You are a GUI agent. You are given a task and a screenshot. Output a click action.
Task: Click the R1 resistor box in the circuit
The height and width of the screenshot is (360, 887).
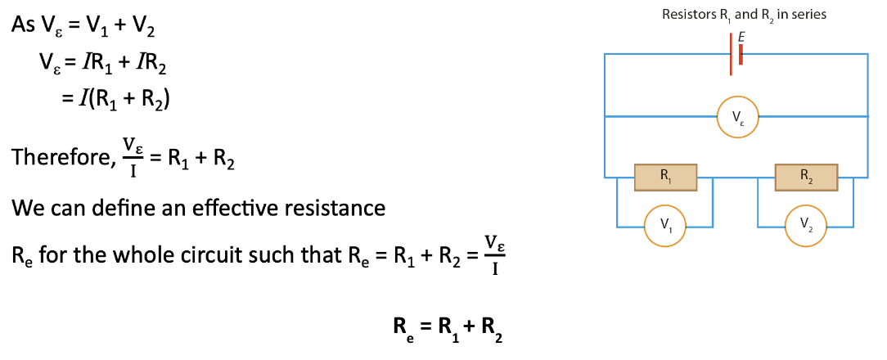pyautogui.click(x=665, y=176)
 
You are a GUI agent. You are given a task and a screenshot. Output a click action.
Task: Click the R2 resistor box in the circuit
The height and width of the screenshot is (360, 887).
pyautogui.click(x=806, y=176)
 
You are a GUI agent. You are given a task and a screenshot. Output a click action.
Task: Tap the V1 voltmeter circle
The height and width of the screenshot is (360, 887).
pyautogui.click(x=664, y=226)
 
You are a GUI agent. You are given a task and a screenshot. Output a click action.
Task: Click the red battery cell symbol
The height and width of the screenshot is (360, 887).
pyautogui.click(x=736, y=54)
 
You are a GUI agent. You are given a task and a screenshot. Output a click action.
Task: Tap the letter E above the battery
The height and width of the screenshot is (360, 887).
pyautogui.click(x=741, y=36)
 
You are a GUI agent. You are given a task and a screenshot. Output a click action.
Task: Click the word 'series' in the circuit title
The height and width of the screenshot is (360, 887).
pyautogui.click(x=808, y=15)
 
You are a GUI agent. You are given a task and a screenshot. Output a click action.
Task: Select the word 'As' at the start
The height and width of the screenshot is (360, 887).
pyautogui.click(x=23, y=25)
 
